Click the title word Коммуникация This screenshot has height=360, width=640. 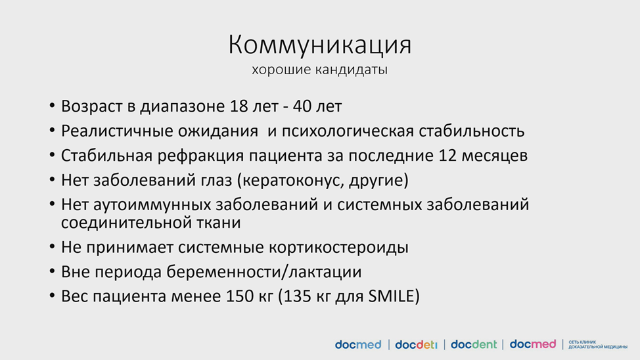(319, 45)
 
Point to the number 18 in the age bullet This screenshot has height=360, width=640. (239, 106)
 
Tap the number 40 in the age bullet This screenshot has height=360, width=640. (302, 106)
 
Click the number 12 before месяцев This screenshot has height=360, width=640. (447, 156)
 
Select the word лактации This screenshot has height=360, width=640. (325, 272)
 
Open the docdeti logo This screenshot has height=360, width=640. (416, 345)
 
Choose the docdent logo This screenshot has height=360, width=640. (474, 345)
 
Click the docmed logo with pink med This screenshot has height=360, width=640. (533, 344)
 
